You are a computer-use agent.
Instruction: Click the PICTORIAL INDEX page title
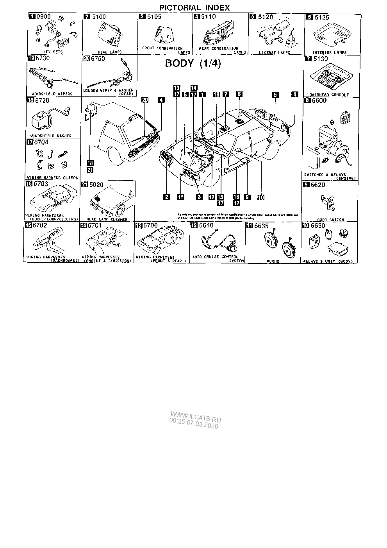click(x=194, y=7)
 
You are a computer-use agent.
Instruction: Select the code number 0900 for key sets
click(x=42, y=17)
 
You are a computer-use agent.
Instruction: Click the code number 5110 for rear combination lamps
click(x=208, y=17)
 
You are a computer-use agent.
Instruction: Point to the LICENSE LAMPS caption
click(x=275, y=52)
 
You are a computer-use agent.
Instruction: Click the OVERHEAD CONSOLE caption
click(x=329, y=95)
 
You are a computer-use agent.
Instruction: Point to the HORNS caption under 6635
click(x=273, y=261)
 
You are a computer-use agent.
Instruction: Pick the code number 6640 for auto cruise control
click(x=207, y=226)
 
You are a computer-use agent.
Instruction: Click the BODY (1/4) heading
click(x=193, y=64)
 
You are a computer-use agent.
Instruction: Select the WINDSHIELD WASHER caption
click(x=51, y=136)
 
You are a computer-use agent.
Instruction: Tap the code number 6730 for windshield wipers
click(x=43, y=58)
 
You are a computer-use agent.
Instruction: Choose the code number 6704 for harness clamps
click(x=41, y=142)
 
